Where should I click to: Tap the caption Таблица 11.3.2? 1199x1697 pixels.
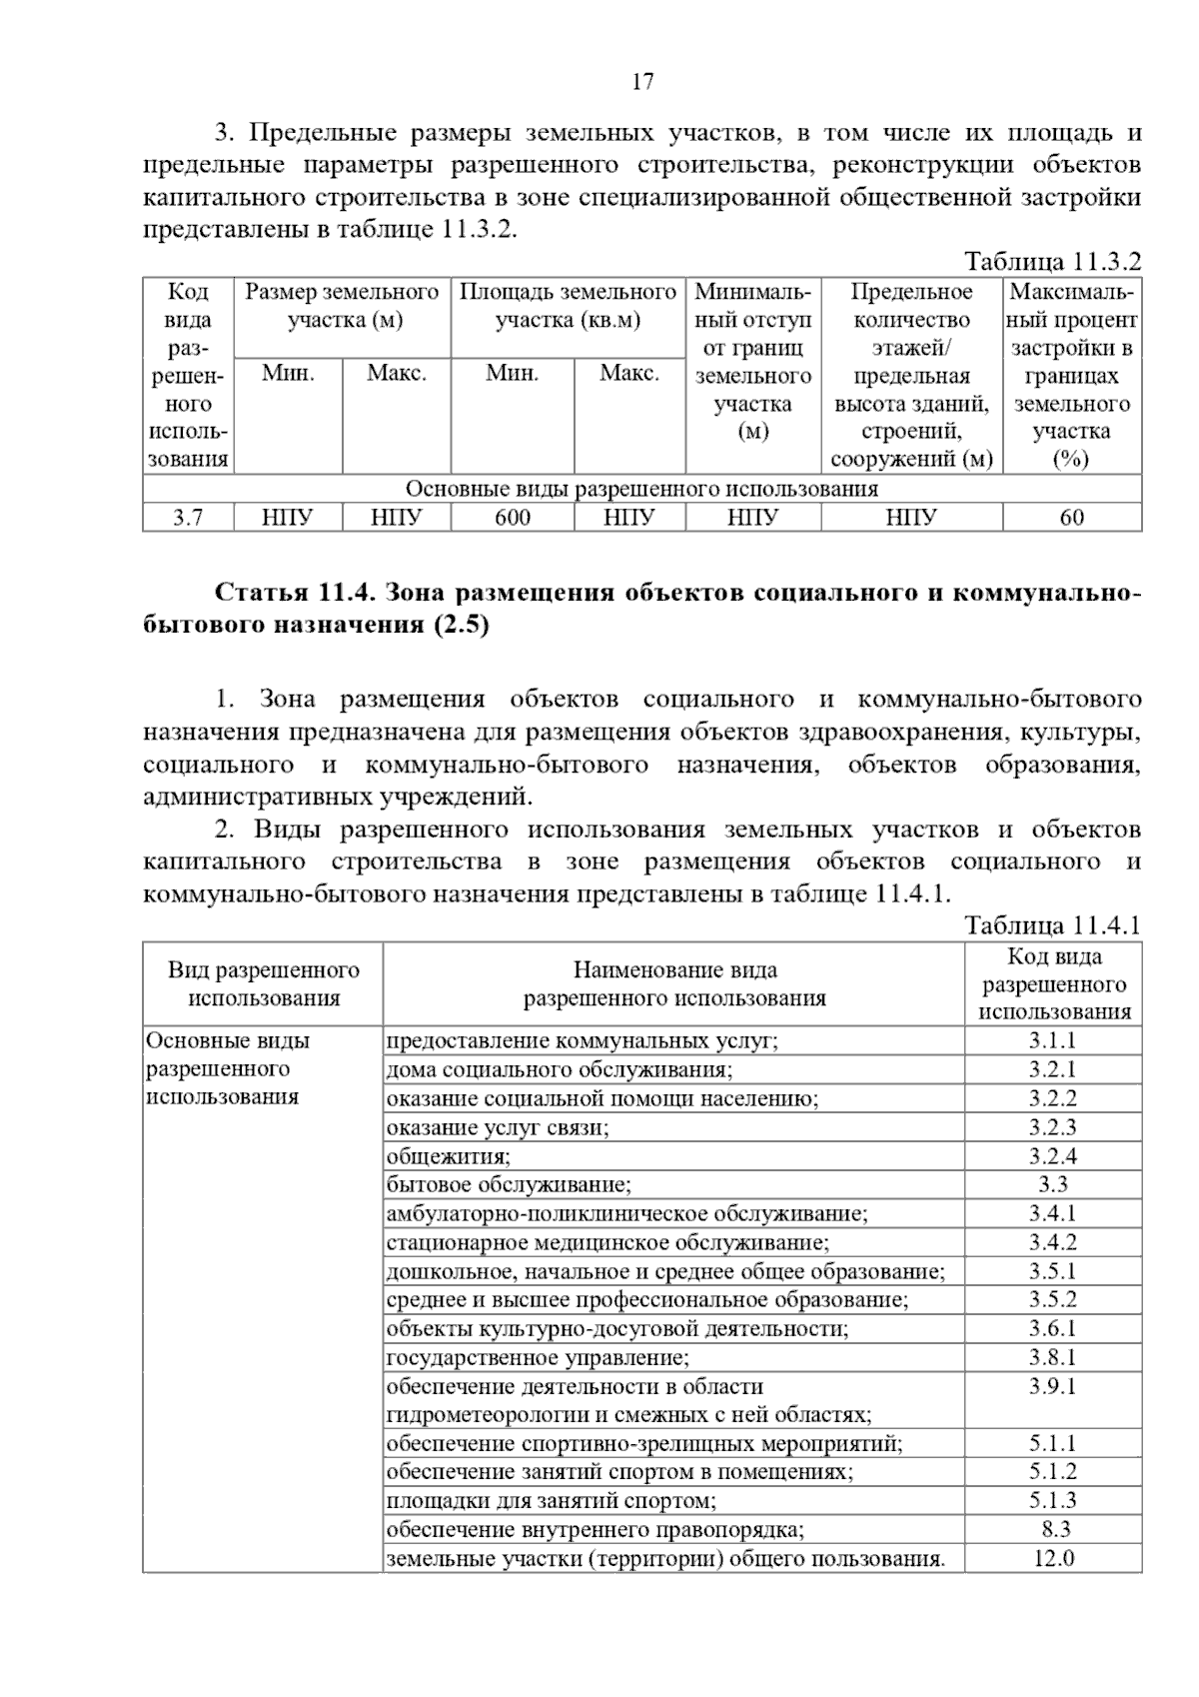pyautogui.click(x=1051, y=262)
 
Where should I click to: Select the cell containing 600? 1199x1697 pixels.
pyautogui.click(x=512, y=517)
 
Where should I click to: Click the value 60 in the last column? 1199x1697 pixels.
pyautogui.click(x=1071, y=517)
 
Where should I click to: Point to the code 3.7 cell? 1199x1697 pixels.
pyautogui.click(x=188, y=517)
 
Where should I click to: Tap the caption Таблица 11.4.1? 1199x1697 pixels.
pyautogui.click(x=1051, y=924)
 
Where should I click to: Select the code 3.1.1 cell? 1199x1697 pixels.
pyautogui.click(x=1052, y=1040)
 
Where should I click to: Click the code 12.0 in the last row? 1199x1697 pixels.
pyautogui.click(x=1052, y=1558)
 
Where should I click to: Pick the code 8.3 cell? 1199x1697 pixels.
pyautogui.click(x=1052, y=1529)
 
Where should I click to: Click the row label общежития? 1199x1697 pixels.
pyautogui.click(x=449, y=1156)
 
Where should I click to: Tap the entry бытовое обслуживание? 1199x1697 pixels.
pyautogui.click(x=509, y=1185)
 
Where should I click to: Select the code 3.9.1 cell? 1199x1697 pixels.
pyautogui.click(x=1052, y=1387)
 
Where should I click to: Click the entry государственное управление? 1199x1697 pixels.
pyautogui.click(x=538, y=1358)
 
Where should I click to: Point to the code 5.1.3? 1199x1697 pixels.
pyautogui.click(x=1052, y=1501)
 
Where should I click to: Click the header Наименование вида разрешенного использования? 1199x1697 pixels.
pyautogui.click(x=674, y=983)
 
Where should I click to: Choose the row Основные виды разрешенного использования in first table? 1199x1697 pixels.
pyautogui.click(x=641, y=489)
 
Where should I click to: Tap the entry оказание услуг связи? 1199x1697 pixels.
pyautogui.click(x=498, y=1127)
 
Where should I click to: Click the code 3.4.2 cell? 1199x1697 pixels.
pyautogui.click(x=1052, y=1243)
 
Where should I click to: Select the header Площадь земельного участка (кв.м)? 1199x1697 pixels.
pyautogui.click(x=568, y=306)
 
